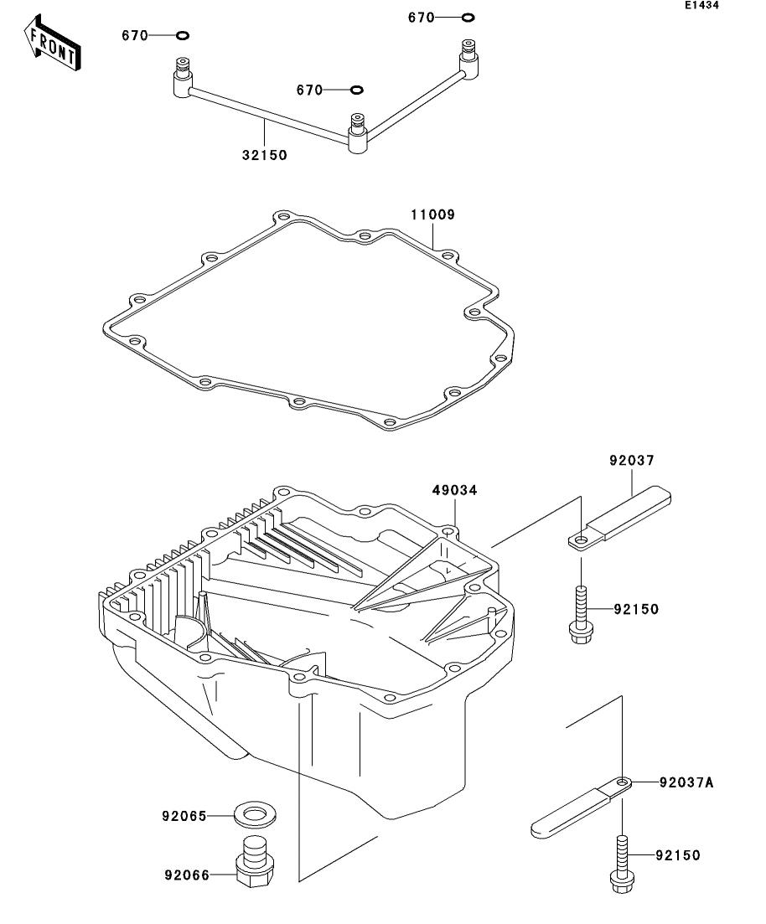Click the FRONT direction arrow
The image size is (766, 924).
tap(53, 43)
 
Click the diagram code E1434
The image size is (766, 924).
tap(701, 5)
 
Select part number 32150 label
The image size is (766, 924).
tap(265, 155)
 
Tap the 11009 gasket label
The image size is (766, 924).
tap(432, 214)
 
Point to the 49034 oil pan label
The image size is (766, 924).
tap(454, 490)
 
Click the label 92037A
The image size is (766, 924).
tap(686, 782)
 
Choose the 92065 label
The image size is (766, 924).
tap(184, 816)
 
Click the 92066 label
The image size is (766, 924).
tap(187, 875)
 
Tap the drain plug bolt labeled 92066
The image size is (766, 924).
tap(255, 860)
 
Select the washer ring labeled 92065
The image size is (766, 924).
tap(255, 815)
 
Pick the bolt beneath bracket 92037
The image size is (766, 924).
tap(581, 615)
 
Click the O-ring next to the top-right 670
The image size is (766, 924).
tap(468, 17)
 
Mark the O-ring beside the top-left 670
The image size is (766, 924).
tap(182, 35)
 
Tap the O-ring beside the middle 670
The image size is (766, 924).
tap(356, 90)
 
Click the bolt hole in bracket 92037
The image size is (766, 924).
tap(581, 539)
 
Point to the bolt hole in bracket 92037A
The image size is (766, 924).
tap(622, 782)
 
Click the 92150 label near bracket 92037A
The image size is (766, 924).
tap(677, 855)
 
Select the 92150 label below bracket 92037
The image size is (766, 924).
tap(636, 609)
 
